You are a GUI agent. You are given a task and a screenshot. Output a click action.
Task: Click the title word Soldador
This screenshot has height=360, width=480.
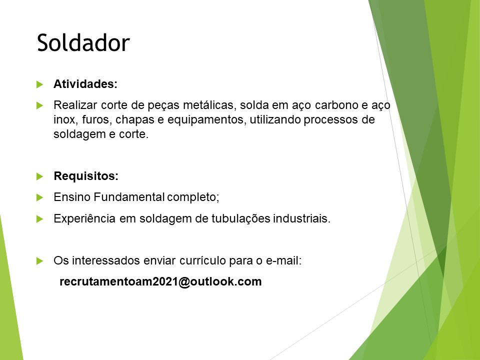click(83, 42)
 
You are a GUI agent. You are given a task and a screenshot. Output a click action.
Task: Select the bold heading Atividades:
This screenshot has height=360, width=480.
click(85, 84)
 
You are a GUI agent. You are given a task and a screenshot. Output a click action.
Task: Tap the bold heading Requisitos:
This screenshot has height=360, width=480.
click(86, 176)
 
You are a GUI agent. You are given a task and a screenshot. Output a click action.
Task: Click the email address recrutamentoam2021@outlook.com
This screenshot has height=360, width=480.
click(160, 281)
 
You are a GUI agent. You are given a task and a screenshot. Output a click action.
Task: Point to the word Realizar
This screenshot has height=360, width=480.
click(75, 105)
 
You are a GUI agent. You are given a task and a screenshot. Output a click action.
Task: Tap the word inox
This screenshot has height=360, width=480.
click(64, 119)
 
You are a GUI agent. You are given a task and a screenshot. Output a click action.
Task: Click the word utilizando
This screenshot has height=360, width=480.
click(275, 119)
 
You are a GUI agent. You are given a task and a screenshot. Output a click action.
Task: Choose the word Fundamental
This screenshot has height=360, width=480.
click(129, 197)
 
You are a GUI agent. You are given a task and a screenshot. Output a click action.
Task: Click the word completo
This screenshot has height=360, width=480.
click(193, 197)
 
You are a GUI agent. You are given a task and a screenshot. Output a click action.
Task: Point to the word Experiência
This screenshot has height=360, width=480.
click(84, 218)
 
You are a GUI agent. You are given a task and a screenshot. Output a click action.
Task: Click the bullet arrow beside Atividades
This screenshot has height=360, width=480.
click(39, 84)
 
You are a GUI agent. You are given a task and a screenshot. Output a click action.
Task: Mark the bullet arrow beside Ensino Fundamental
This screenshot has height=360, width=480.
click(39, 197)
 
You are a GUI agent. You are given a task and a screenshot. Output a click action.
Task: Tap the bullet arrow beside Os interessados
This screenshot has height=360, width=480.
click(39, 261)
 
